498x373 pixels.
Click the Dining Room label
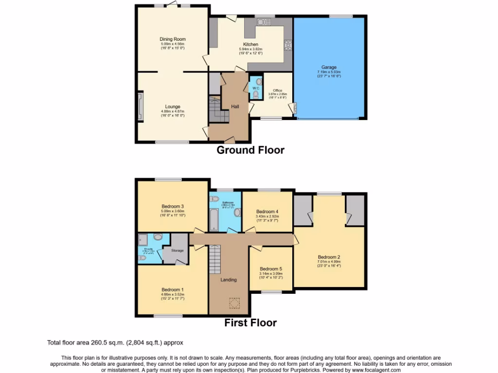[x=173, y=39]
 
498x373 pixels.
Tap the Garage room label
[x=329, y=68]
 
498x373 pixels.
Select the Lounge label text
[x=173, y=107]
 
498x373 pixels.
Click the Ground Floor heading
[x=250, y=150]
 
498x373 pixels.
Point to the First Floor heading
[x=250, y=322]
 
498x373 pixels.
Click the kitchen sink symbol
[x=264, y=22]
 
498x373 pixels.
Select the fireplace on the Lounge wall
[x=140, y=106]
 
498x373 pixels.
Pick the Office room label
[x=277, y=90]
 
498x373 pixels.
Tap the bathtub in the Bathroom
[x=214, y=218]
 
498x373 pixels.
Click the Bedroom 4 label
[x=267, y=212]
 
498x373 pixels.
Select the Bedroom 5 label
[x=270, y=269]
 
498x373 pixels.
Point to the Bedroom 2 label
[x=329, y=257]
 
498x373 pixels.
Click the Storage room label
[x=178, y=251]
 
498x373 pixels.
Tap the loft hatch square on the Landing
[x=234, y=303]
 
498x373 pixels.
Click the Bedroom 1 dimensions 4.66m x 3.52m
[x=173, y=294]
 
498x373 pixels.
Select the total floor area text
[x=115, y=342]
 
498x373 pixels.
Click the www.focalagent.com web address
[x=373, y=370]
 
